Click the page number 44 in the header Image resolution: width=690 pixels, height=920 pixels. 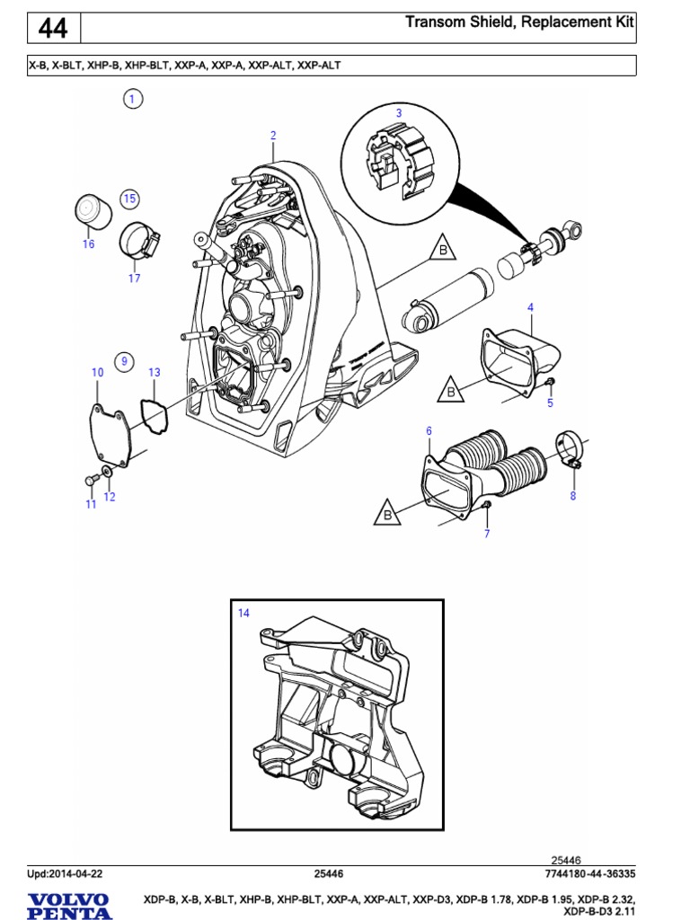(53, 29)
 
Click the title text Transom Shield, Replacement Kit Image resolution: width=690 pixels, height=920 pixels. (520, 22)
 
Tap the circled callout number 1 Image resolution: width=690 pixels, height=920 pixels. (132, 100)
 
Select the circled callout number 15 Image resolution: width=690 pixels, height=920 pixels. (129, 198)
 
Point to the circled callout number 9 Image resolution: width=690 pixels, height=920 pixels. (125, 362)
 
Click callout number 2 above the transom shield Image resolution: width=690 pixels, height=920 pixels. (273, 136)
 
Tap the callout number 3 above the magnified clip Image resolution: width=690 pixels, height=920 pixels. (399, 112)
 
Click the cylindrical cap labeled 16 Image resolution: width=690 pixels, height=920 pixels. (90, 212)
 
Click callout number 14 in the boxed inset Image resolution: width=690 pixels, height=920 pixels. (243, 613)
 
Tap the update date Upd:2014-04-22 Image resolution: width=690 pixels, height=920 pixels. (66, 873)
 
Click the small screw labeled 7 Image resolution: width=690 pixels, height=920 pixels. (485, 511)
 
